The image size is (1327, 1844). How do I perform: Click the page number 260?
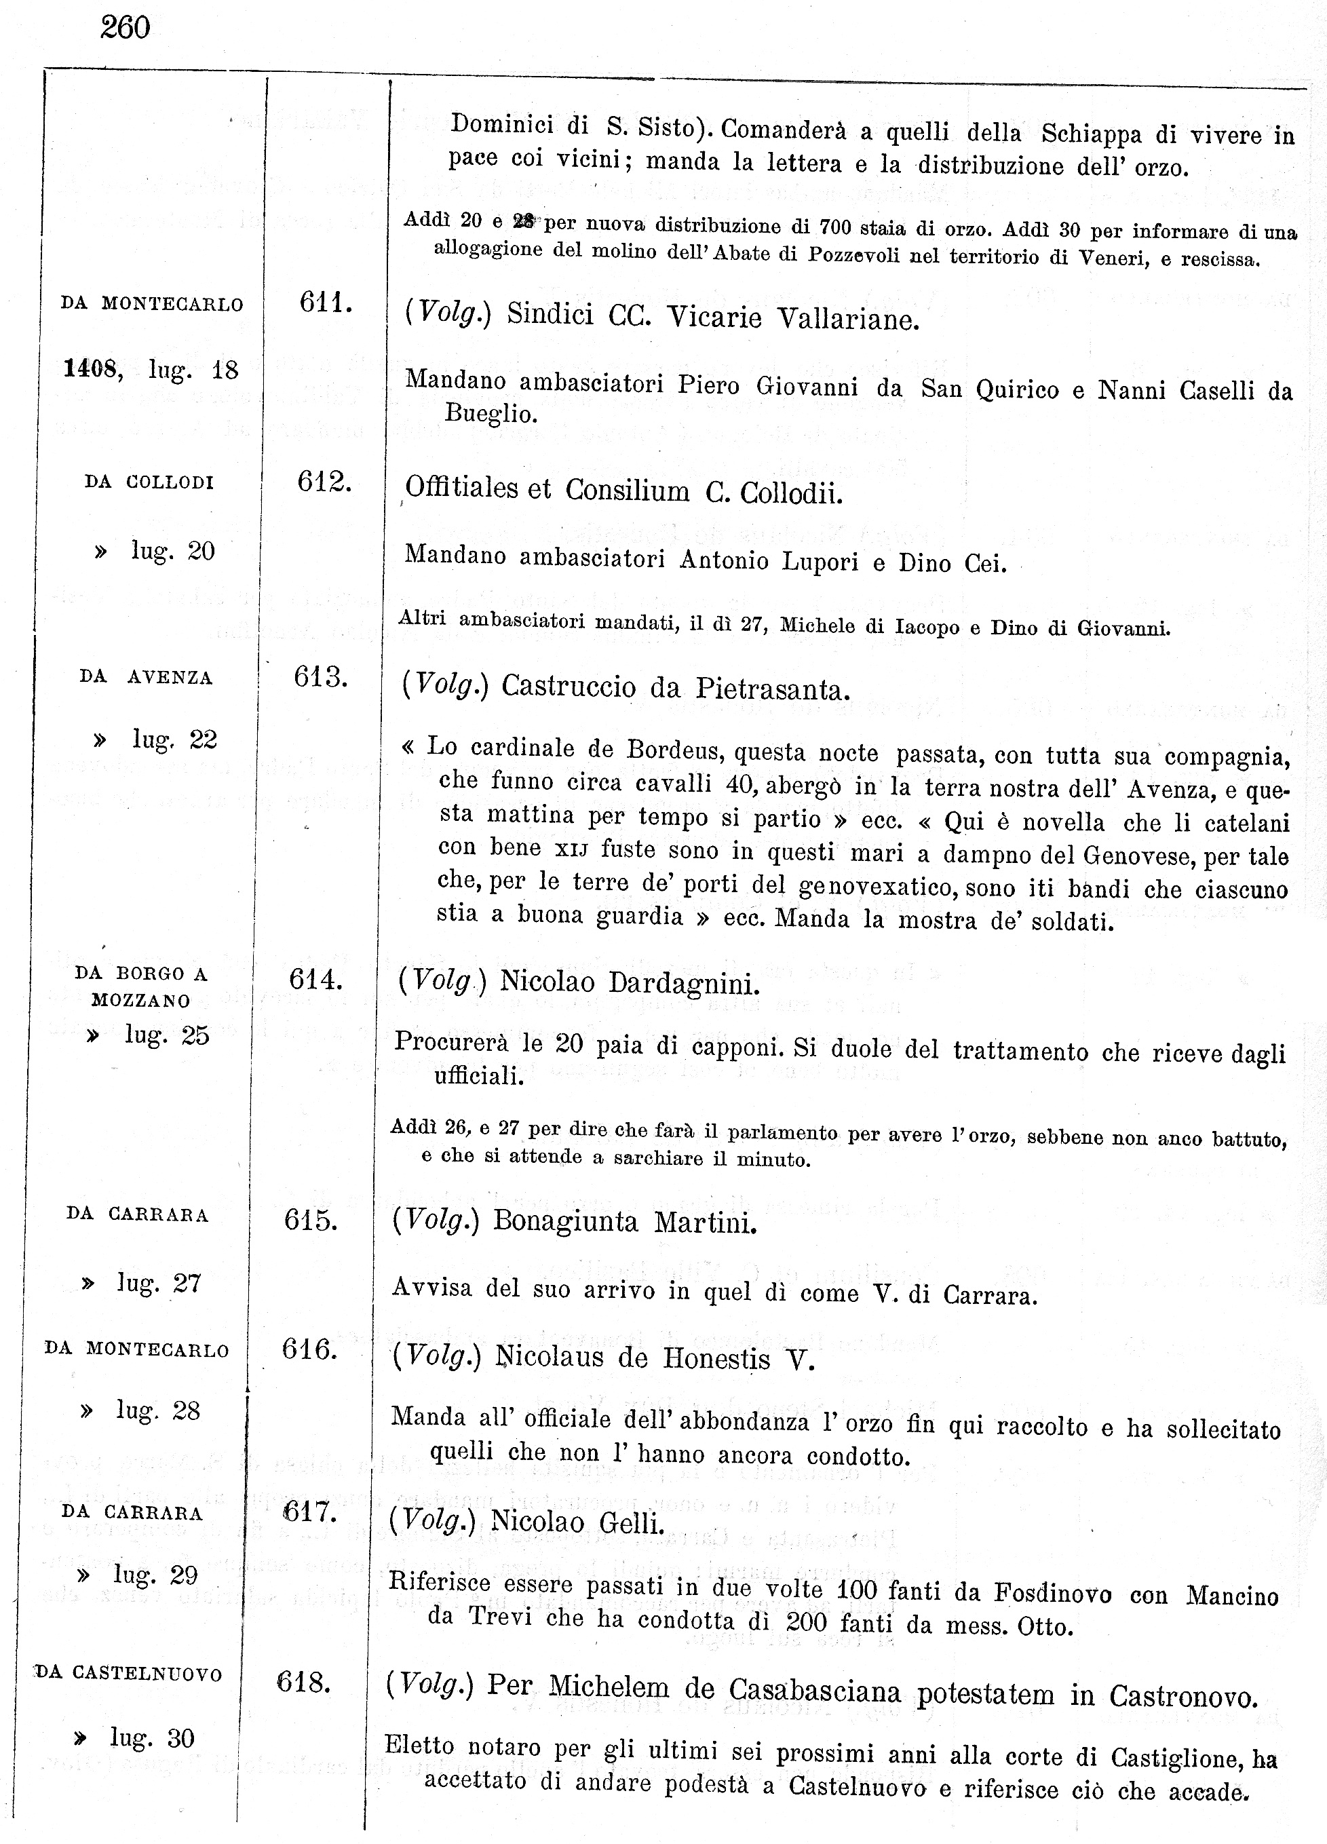[126, 28]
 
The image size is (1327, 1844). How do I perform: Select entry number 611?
[325, 303]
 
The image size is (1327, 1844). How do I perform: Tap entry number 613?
[321, 676]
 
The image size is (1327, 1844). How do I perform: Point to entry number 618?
[304, 1681]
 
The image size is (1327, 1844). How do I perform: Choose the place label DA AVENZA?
[147, 677]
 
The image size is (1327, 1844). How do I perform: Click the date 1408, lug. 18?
[151, 370]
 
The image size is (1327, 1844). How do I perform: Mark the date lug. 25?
[167, 1035]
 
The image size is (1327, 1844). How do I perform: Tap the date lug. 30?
[152, 1738]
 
